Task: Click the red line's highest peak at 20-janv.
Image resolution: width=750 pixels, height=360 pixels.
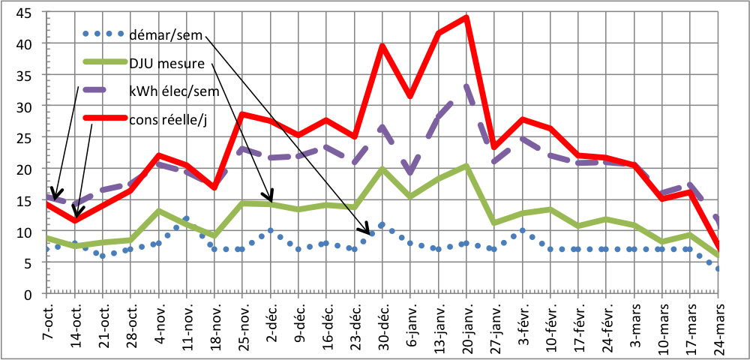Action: tap(466, 18)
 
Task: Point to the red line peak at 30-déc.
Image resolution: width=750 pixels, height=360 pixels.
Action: tap(382, 46)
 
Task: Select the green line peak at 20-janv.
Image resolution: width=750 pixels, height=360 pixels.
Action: tap(466, 166)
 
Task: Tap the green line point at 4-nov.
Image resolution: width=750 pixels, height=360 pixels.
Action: tap(159, 211)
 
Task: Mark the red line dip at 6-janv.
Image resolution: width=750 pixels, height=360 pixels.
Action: tap(410, 96)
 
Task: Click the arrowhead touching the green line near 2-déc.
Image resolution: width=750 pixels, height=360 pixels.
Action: tap(272, 198)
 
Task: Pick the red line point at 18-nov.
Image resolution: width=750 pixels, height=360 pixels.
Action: tap(214, 187)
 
